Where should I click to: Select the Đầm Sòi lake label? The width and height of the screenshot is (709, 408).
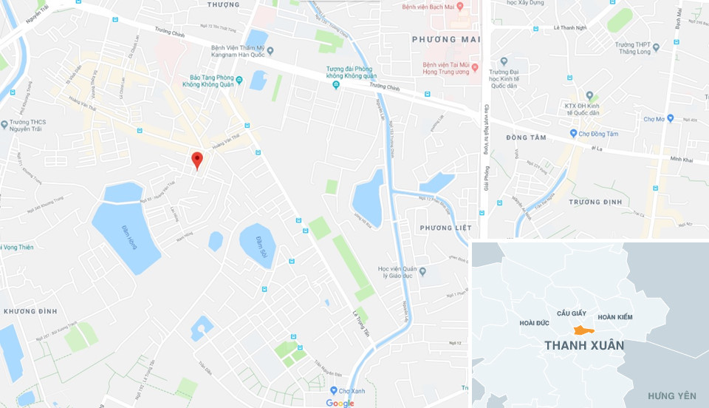pos(261,246)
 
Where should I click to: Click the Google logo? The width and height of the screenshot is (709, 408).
pos(340,403)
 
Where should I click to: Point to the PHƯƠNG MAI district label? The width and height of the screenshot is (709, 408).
pos(445,39)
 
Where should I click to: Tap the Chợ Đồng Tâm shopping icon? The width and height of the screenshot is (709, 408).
pos(573,134)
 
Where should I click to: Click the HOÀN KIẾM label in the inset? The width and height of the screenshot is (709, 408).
pos(615,317)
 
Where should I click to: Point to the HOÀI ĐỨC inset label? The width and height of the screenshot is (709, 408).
pos(535,323)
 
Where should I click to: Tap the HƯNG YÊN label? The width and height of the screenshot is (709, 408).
pos(671,397)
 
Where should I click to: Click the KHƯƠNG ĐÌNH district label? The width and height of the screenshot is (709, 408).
pos(30,311)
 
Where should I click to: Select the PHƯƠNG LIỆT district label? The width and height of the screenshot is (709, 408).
pos(445,228)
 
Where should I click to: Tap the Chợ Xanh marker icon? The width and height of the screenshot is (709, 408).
pos(334,390)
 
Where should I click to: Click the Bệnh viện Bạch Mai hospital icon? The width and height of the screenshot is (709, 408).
pos(459,7)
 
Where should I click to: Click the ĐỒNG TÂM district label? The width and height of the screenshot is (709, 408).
pos(525,138)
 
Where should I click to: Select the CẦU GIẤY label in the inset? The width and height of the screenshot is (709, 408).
pos(572,313)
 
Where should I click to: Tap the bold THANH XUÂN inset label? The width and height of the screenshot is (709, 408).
pos(583,345)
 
